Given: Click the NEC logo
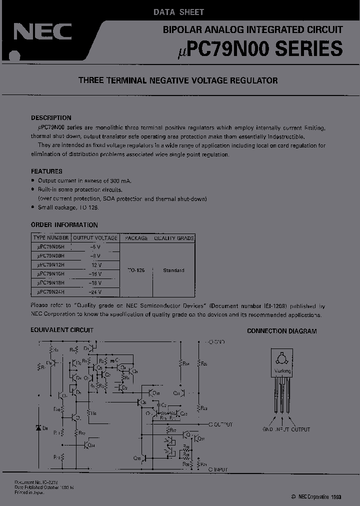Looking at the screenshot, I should click(42, 32).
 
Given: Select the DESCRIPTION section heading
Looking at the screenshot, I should click(51, 118).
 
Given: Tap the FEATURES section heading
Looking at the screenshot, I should click(46, 171).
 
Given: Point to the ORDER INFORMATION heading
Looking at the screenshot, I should click(64, 225).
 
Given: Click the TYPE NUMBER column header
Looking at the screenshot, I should click(51, 238).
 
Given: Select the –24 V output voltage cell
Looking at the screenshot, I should click(95, 292).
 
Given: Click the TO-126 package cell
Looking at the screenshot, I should click(136, 270).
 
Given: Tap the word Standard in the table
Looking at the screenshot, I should click(173, 270).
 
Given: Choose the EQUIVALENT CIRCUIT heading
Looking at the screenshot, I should click(62, 330).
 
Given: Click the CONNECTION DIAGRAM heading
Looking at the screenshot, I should click(282, 331).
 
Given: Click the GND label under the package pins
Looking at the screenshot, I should click(267, 429).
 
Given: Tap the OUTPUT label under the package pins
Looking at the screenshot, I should click(300, 429).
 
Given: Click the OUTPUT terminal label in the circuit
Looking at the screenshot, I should click(223, 424).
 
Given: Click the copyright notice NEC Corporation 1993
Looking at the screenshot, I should click(316, 497).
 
